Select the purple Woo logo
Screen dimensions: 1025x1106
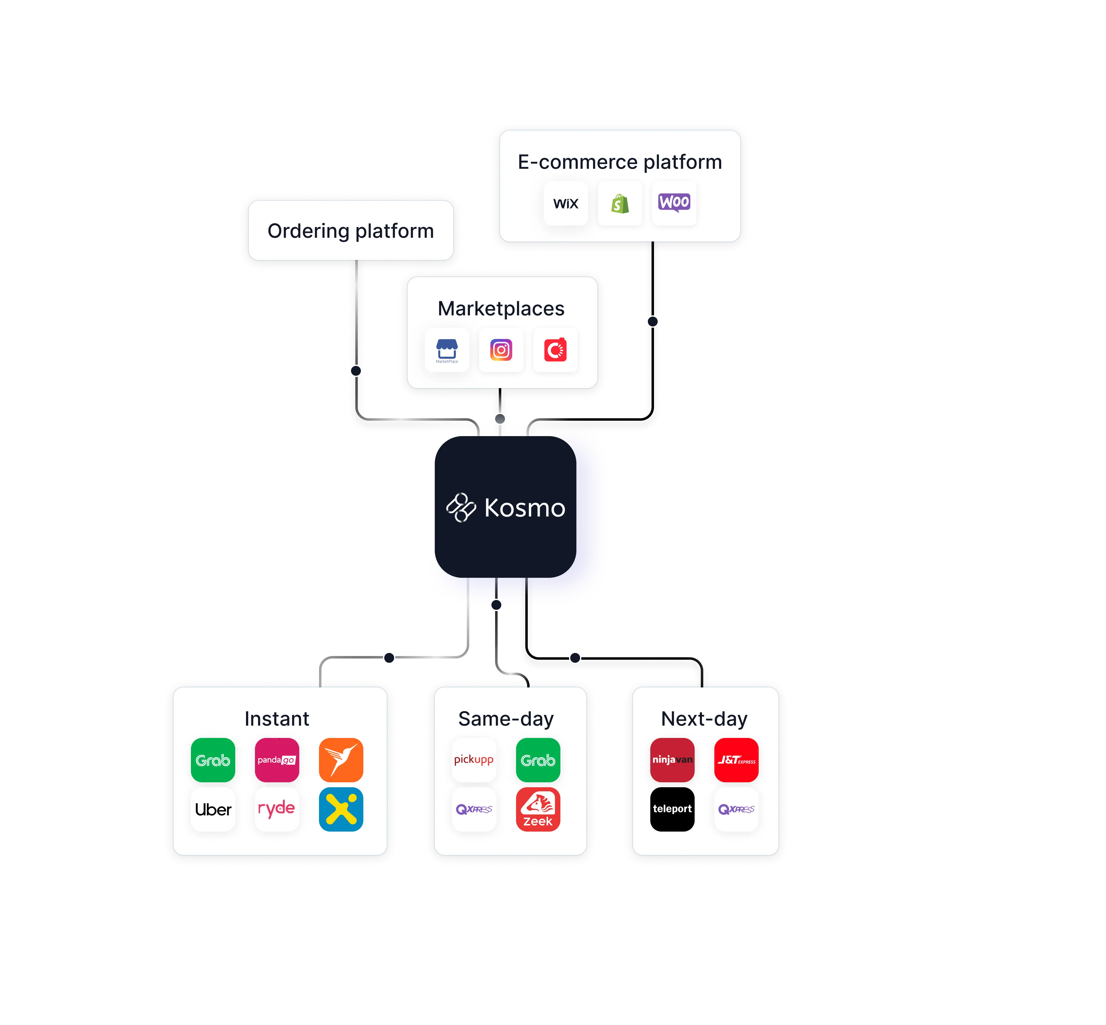click(x=674, y=202)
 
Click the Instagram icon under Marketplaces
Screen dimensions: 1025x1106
click(x=501, y=350)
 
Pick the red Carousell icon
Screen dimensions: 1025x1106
click(x=555, y=350)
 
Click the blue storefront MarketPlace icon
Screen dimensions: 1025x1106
click(x=447, y=350)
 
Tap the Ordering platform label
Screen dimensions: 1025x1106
click(x=350, y=231)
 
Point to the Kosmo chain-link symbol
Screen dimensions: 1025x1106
click(x=461, y=507)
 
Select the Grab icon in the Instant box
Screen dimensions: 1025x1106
click(x=213, y=760)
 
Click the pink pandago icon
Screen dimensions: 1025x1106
click(x=276, y=760)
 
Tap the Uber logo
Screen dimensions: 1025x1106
click(x=213, y=809)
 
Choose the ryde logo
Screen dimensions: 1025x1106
click(x=276, y=809)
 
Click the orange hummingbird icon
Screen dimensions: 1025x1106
click(x=341, y=760)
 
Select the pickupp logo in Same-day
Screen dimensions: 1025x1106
click(x=474, y=760)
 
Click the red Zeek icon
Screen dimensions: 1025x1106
click(x=538, y=809)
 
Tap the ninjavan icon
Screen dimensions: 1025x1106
click(x=672, y=760)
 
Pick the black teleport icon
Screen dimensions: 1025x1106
click(x=672, y=809)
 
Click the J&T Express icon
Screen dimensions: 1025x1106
click(x=736, y=760)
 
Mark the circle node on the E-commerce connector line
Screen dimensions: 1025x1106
click(x=652, y=322)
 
